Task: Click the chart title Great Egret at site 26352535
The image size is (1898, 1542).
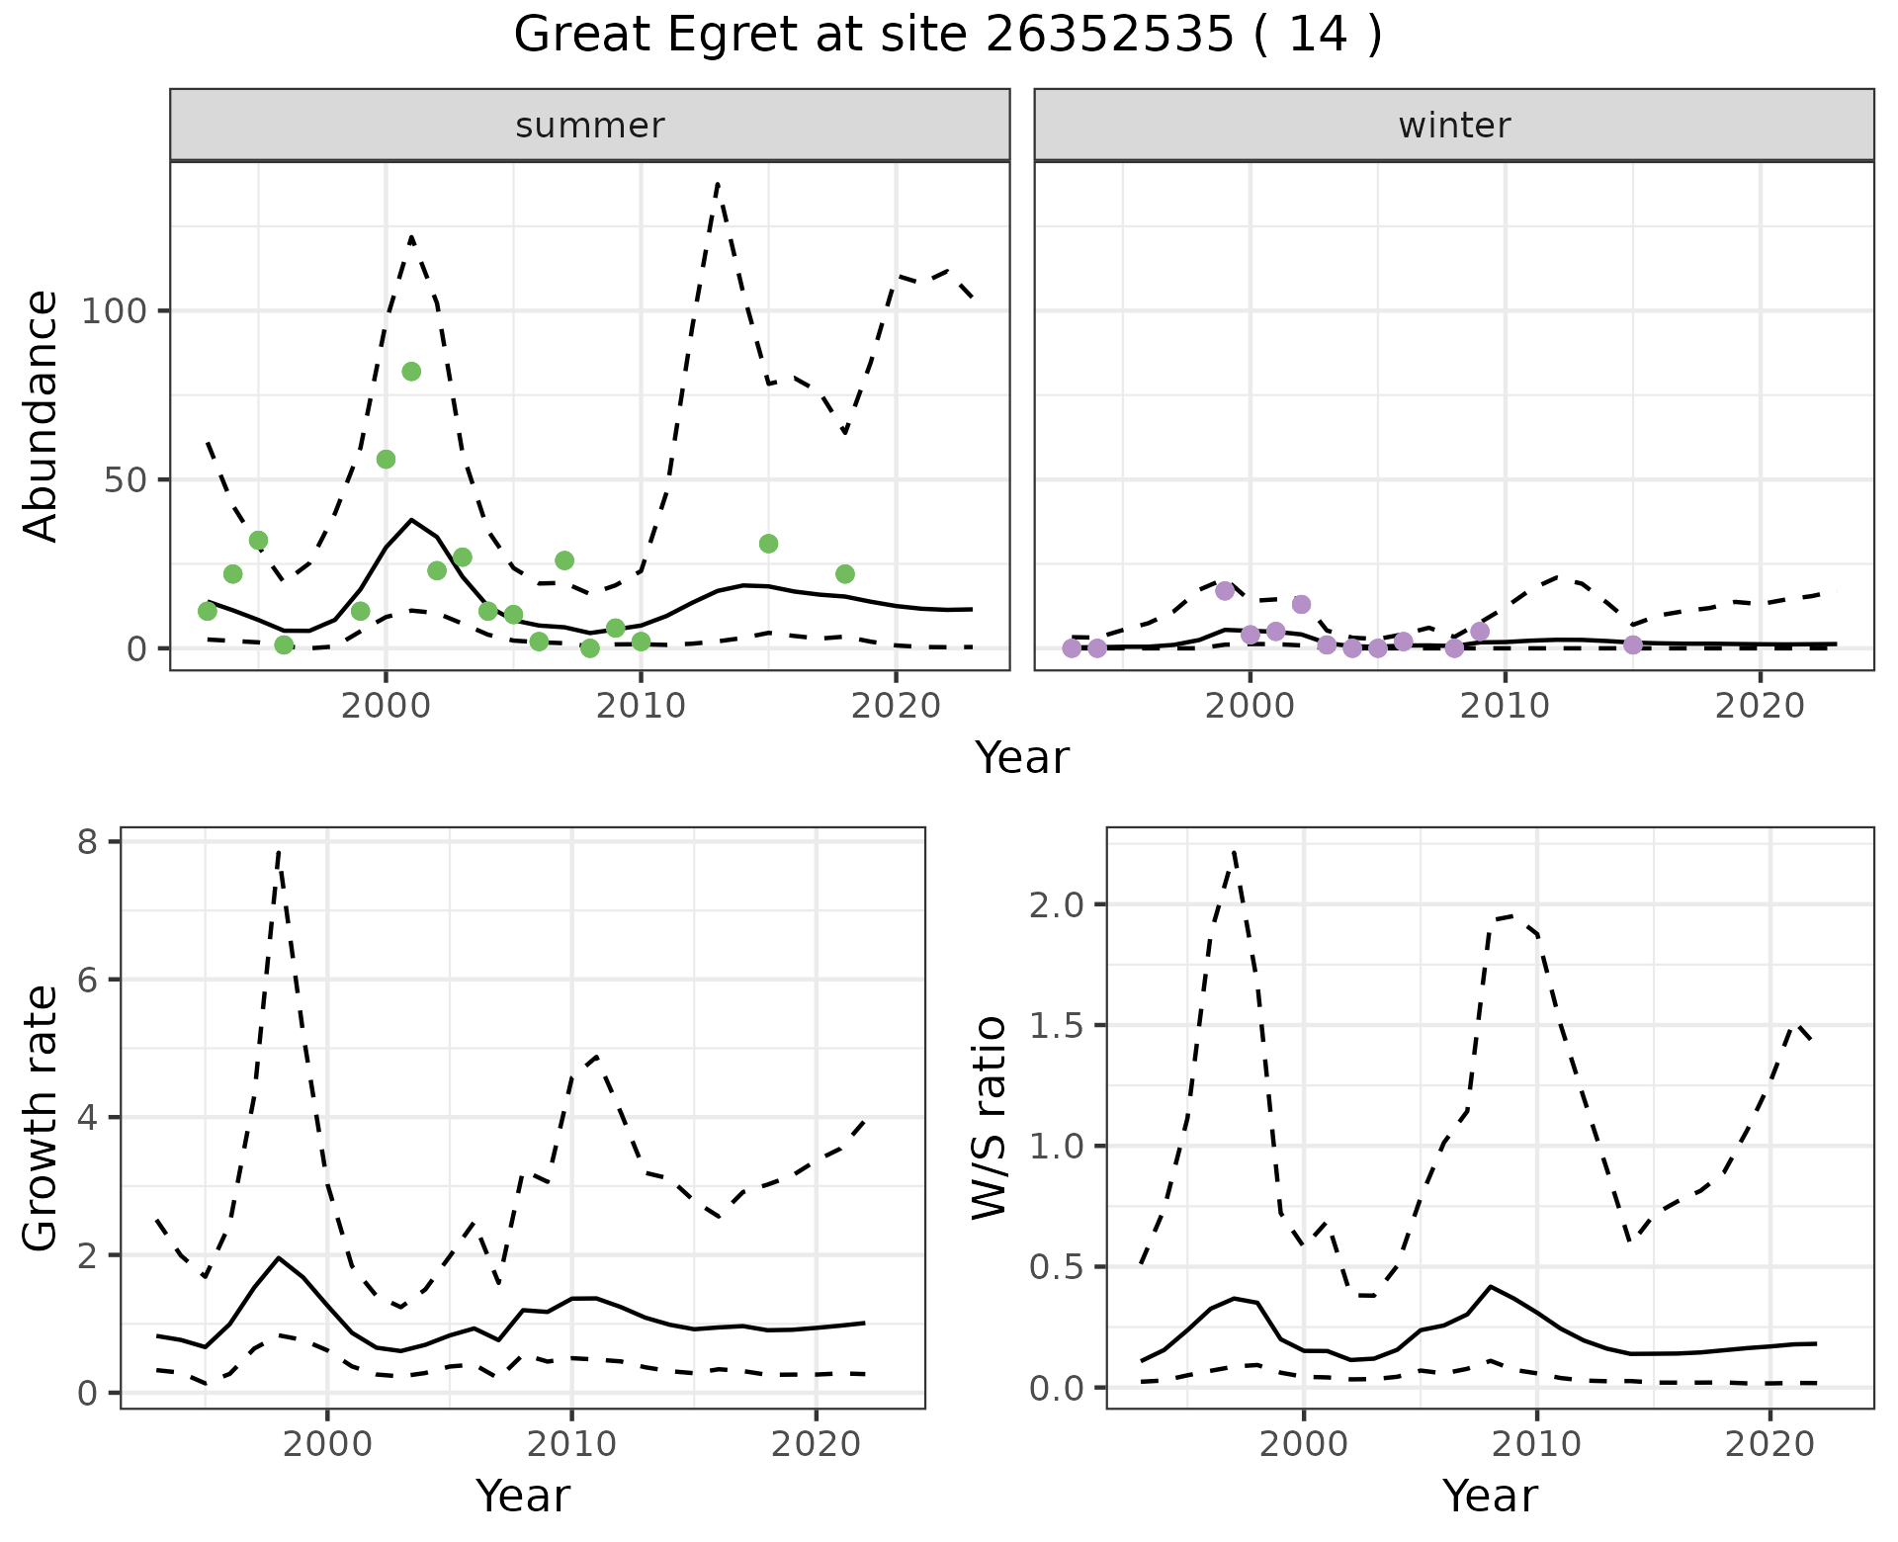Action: [947, 36]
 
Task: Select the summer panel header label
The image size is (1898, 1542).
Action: [590, 126]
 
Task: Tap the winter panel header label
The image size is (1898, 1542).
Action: [1454, 126]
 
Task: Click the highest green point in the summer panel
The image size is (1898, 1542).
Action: [411, 372]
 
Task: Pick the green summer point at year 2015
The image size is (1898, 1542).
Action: [768, 544]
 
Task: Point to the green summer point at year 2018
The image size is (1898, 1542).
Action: [845, 574]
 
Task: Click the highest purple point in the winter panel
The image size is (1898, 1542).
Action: [1225, 591]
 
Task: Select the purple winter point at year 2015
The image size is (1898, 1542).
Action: [1633, 644]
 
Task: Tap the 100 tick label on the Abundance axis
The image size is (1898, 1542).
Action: [113, 311]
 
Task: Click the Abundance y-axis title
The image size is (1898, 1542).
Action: [42, 415]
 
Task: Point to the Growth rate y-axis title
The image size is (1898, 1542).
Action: [42, 1117]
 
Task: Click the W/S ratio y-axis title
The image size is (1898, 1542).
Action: [991, 1117]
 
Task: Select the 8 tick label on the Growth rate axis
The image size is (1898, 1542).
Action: [87, 842]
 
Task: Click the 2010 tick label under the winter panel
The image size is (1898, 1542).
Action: [1505, 706]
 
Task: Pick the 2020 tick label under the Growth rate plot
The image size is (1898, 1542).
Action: [816, 1444]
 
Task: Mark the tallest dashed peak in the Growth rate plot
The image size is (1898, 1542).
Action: [279, 851]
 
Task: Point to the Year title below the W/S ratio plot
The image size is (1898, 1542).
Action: [1490, 1496]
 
